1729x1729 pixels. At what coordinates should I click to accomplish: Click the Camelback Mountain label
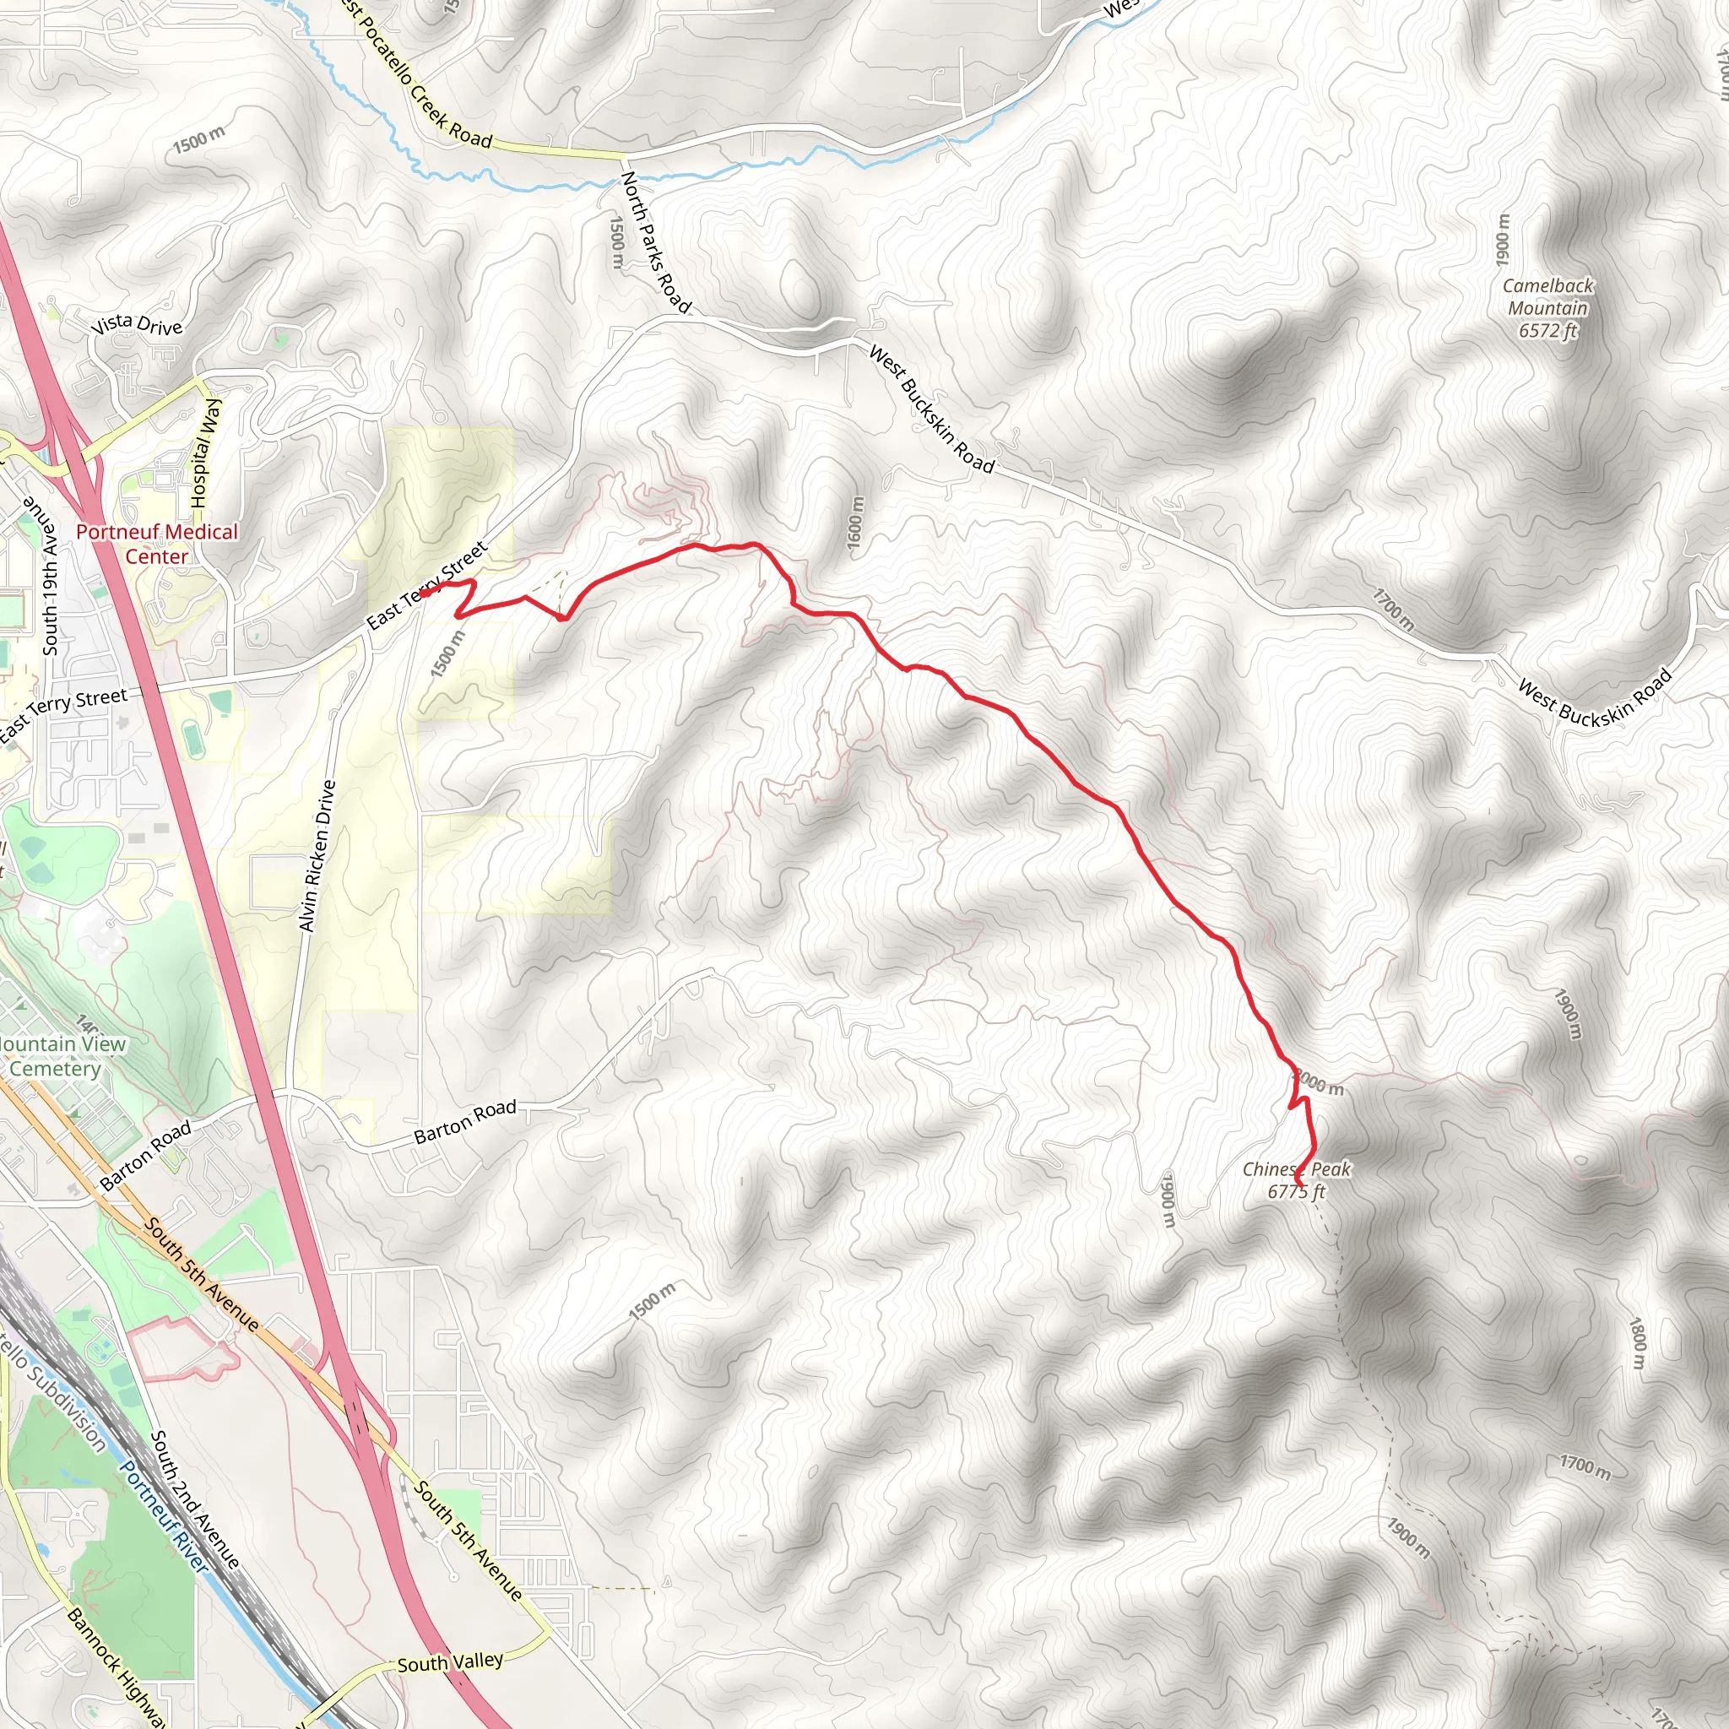[x=1547, y=297]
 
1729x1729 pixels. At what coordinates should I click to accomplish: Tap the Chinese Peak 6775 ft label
[x=1296, y=1179]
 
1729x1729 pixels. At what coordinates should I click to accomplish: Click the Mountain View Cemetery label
[x=59, y=1056]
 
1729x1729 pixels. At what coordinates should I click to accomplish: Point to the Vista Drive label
[x=137, y=324]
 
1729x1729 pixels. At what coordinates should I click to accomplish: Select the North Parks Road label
[x=656, y=242]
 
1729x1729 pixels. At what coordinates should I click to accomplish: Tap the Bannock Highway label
[x=117, y=1667]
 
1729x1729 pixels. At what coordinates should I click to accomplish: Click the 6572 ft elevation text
[x=1547, y=330]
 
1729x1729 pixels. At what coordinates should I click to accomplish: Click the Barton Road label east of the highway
[x=464, y=1121]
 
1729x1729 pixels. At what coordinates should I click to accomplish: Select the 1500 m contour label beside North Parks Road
[x=616, y=241]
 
